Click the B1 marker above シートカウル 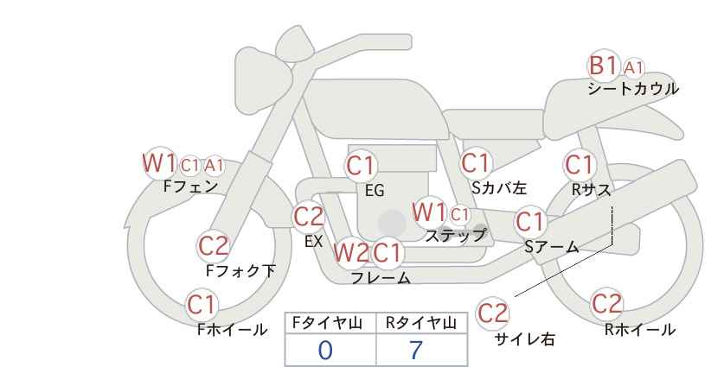tap(603, 66)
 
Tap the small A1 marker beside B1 tap(633, 68)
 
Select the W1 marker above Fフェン tap(158, 163)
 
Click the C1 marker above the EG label tap(361, 166)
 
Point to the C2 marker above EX tap(308, 217)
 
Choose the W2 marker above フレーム tap(350, 252)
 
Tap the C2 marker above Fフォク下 tap(214, 246)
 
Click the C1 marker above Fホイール tap(202, 305)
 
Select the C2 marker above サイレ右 tap(492, 313)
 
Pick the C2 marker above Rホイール tap(606, 304)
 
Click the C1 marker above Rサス tap(580, 165)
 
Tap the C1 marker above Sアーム tap(529, 222)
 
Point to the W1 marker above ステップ tap(429, 212)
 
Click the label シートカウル tap(633, 89)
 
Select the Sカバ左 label tap(499, 187)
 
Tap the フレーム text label tap(381, 278)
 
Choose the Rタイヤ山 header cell tap(422, 323)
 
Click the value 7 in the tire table tap(416, 350)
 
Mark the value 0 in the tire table tap(325, 350)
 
